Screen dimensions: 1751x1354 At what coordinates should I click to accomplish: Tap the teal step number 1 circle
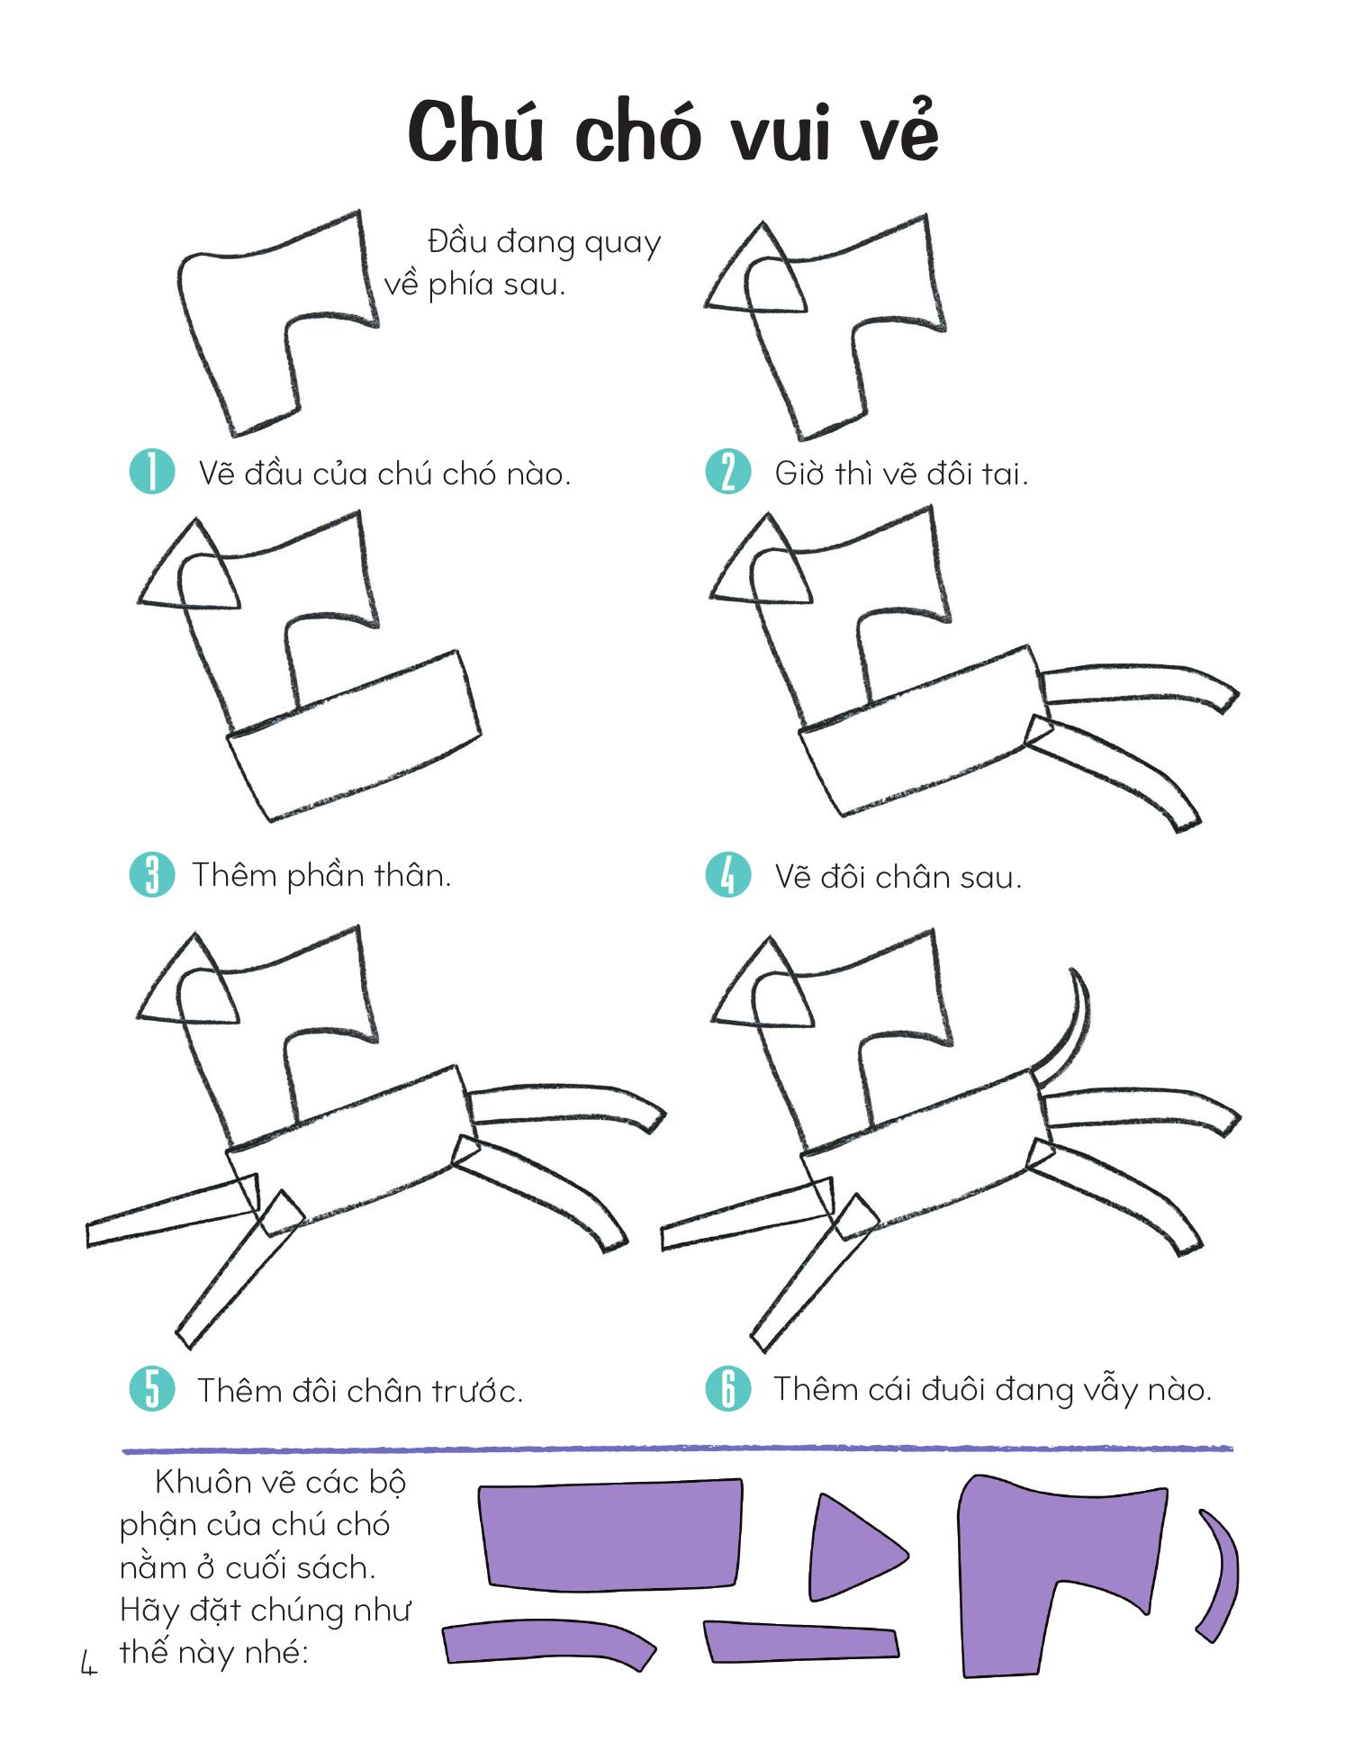(151, 472)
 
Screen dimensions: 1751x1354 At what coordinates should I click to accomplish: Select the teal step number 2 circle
(727, 472)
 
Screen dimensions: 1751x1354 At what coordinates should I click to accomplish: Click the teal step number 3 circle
(151, 874)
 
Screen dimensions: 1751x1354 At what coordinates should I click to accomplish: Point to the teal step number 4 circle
(727, 875)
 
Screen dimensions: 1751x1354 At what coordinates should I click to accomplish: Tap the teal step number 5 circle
(151, 1389)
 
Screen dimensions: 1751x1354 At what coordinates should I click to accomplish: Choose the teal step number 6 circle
(727, 1388)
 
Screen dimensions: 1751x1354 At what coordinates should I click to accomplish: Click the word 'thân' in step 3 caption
(411, 874)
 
